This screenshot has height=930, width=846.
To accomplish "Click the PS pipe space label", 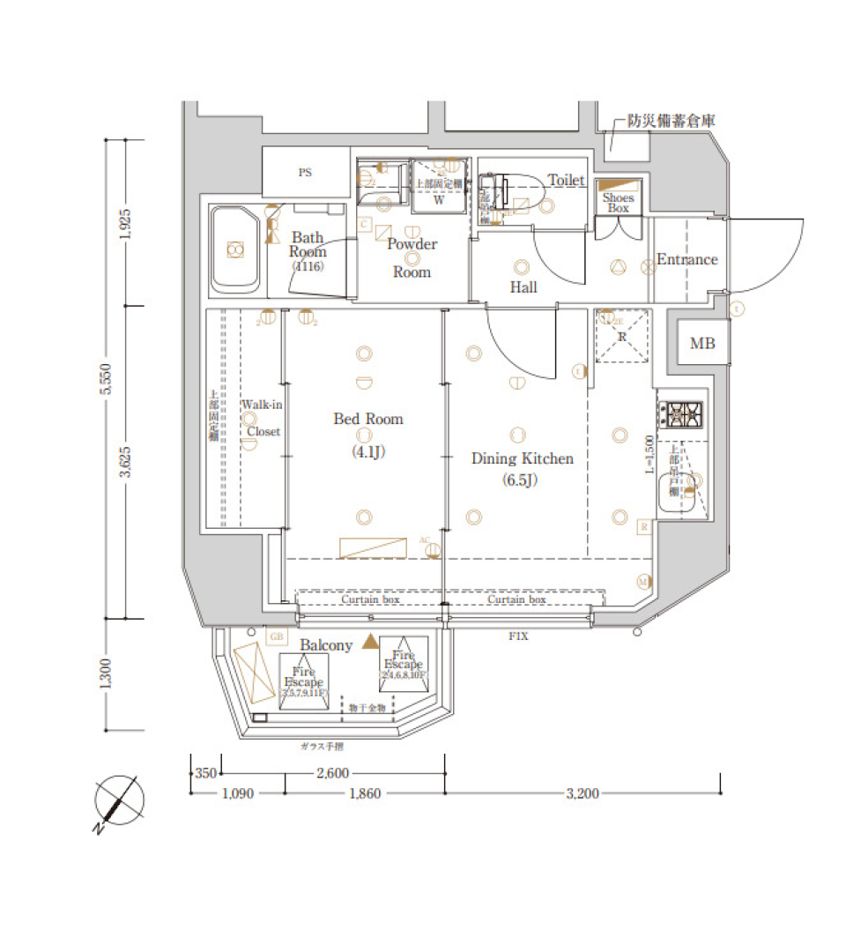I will click(x=304, y=173).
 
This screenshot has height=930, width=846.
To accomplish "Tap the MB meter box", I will click(x=702, y=343).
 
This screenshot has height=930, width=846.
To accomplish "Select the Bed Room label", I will click(x=367, y=419).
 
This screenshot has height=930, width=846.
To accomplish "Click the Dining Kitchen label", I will click(x=522, y=458).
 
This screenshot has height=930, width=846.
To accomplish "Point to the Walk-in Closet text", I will click(x=262, y=418).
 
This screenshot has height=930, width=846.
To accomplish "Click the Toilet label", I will click(x=566, y=180).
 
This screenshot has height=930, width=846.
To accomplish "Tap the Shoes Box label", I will click(x=618, y=203).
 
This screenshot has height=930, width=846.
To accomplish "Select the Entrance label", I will click(x=686, y=259).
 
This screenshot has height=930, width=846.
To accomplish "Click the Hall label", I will click(x=523, y=287).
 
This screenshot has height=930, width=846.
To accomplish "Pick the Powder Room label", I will click(x=412, y=257).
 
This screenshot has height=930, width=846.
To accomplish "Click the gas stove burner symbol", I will click(x=683, y=413).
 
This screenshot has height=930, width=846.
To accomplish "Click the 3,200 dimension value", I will click(x=582, y=793).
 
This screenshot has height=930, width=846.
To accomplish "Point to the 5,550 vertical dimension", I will click(x=107, y=379).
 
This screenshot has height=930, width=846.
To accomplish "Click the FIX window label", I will click(x=518, y=636).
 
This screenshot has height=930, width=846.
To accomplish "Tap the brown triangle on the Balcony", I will click(x=369, y=644).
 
